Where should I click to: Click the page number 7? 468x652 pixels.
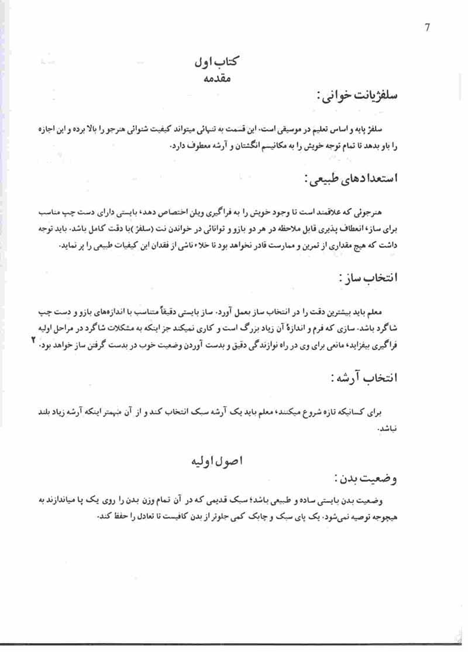tap(428, 27)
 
